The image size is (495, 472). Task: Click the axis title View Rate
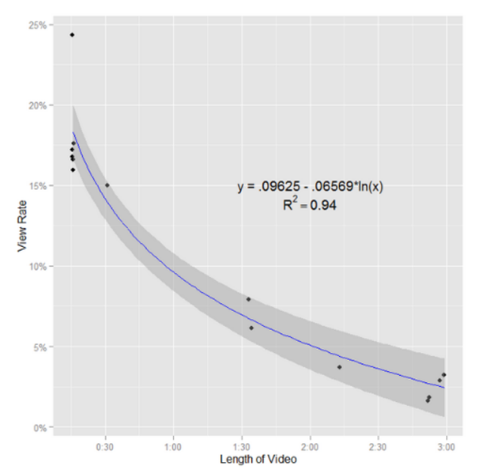(x=23, y=227)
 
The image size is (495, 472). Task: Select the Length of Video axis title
(x=258, y=459)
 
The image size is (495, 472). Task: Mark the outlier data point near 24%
(x=72, y=35)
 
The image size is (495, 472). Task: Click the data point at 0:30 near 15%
(x=107, y=185)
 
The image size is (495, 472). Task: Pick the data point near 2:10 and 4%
(x=339, y=367)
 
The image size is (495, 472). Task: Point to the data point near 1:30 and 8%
(x=249, y=300)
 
